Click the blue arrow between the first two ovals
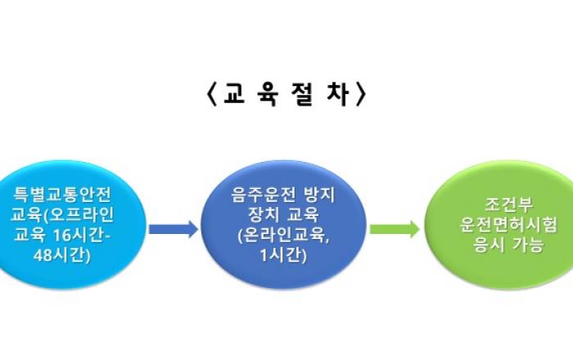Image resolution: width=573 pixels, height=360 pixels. click(x=174, y=229)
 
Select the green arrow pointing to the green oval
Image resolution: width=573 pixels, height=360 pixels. click(x=395, y=229)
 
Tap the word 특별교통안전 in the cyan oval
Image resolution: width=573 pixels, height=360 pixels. click(x=62, y=194)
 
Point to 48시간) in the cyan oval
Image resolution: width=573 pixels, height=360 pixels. click(x=61, y=255)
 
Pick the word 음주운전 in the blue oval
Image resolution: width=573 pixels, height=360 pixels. click(x=263, y=194)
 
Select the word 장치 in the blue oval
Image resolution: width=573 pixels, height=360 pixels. click(x=264, y=214)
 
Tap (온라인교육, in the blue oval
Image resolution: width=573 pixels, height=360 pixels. click(x=283, y=235)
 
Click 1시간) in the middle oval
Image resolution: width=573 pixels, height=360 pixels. click(x=283, y=255)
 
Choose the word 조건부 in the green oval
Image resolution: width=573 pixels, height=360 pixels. click(x=508, y=205)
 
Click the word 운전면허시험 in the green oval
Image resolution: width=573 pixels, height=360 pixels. click(x=508, y=224)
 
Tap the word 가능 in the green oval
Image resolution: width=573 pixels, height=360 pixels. click(x=529, y=245)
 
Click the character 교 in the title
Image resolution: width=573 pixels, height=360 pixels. click(x=234, y=94)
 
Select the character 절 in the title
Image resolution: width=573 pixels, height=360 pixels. click(x=303, y=94)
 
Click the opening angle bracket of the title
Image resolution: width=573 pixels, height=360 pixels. click(x=212, y=94)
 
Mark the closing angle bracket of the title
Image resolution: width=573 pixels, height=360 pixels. click(x=361, y=94)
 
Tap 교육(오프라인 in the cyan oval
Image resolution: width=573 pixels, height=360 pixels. click(x=62, y=214)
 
